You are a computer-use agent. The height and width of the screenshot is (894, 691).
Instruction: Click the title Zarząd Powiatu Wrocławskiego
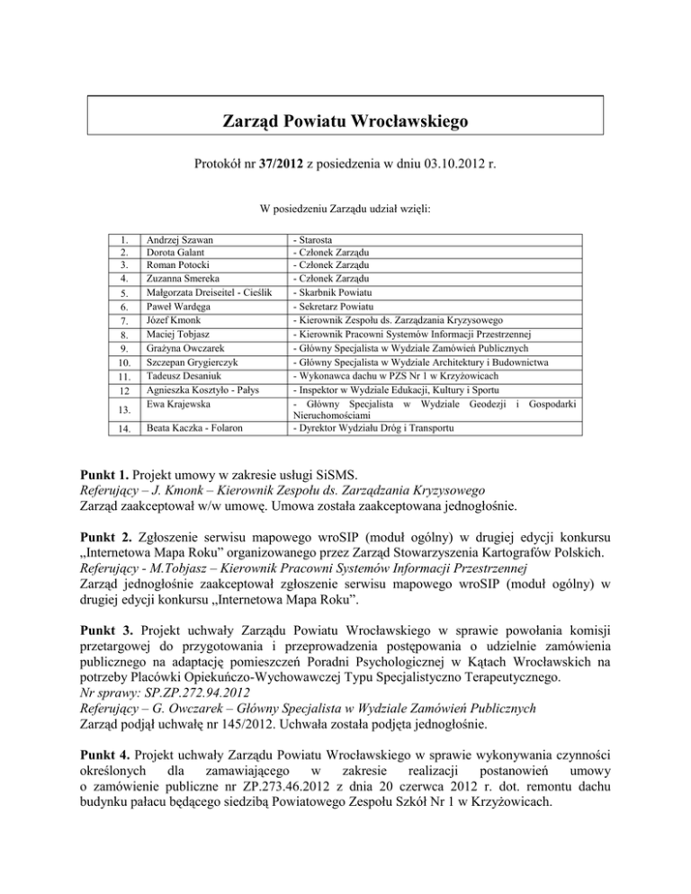coord(345,121)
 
